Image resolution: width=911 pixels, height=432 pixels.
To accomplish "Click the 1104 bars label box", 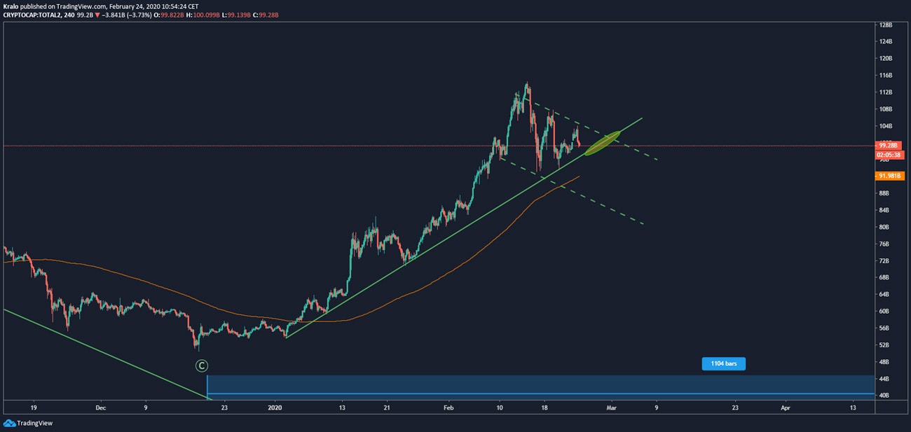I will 723,364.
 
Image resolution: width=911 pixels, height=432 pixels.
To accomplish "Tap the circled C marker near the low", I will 202,365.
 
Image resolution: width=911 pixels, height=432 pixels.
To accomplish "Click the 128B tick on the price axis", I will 886,25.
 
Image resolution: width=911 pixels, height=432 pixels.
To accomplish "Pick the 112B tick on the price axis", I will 886,92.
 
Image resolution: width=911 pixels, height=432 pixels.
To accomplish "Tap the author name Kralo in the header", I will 11,6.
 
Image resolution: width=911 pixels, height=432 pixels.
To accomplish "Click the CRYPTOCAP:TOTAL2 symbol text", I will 32,15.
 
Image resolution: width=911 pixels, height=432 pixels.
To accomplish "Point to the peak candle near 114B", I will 526,87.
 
